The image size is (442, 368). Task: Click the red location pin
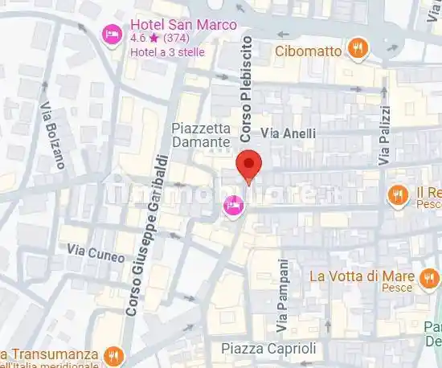pos(250,166)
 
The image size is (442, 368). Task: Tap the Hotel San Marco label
pos(183,25)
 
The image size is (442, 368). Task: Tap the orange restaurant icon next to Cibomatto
pos(357,51)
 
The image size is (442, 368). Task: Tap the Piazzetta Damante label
pos(201,135)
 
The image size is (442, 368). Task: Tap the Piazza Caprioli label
pos(268,349)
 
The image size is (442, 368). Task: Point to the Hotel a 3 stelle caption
pos(167,52)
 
